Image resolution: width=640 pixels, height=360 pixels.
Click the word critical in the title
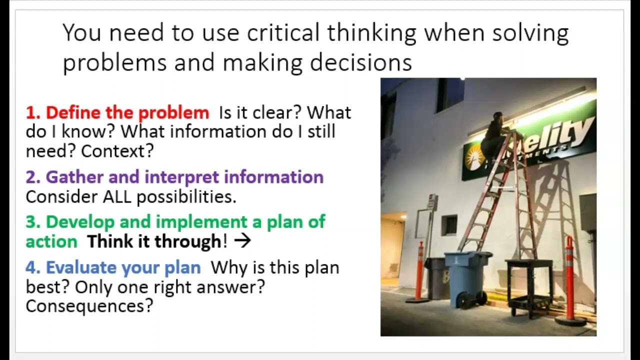point(283,33)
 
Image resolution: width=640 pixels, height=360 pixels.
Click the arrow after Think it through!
point(242,241)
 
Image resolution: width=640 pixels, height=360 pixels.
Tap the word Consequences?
point(89,306)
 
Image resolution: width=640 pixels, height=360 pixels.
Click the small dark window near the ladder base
point(449,225)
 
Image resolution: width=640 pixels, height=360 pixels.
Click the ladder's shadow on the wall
point(560,210)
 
